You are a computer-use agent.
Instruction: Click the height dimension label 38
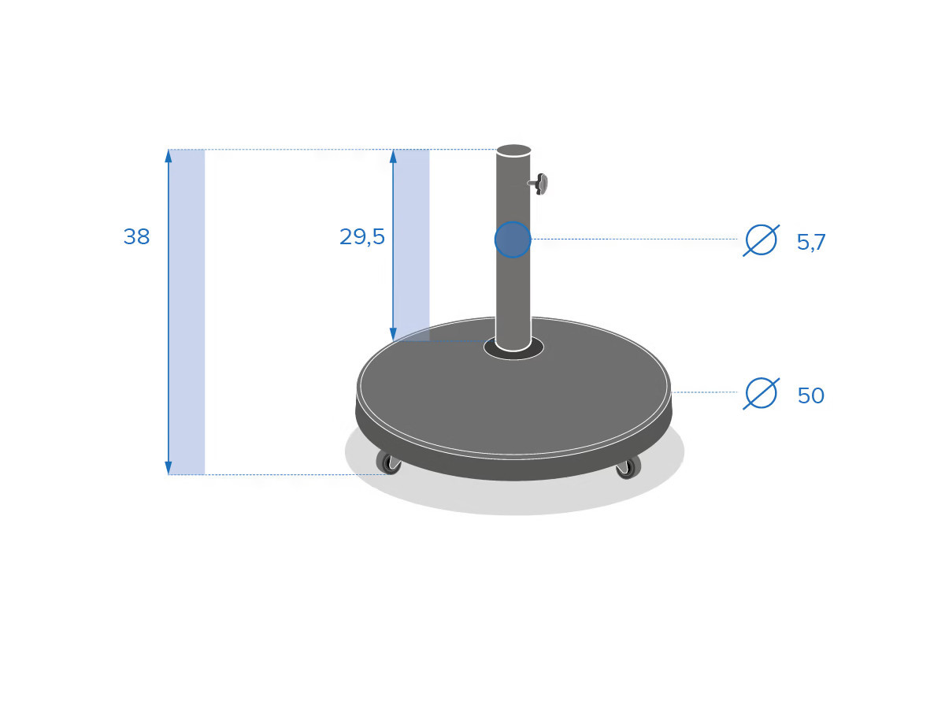point(136,237)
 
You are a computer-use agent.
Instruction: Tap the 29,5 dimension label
point(361,237)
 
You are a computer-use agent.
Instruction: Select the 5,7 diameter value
point(810,242)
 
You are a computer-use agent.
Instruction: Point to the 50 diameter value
point(810,395)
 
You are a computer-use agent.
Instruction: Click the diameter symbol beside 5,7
point(762,240)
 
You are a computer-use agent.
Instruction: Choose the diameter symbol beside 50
point(762,393)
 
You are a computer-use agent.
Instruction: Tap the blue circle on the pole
point(513,239)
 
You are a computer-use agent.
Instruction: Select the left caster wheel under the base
point(389,462)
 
